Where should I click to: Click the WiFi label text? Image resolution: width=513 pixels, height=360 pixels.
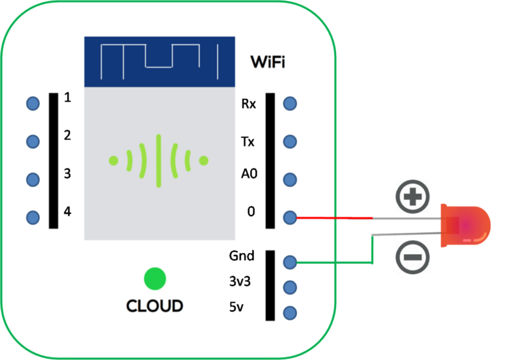267,62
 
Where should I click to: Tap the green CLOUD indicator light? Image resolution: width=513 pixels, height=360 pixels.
155,279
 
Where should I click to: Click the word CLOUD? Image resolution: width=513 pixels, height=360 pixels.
155,306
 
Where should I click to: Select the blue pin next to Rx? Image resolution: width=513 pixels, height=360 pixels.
290,103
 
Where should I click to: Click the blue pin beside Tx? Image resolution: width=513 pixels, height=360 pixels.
290,141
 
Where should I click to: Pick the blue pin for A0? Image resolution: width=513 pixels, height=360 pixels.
290,180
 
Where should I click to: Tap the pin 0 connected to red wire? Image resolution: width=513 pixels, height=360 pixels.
290,218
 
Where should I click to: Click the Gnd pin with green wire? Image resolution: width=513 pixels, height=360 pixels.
290,262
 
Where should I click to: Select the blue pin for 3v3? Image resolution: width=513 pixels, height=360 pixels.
290,287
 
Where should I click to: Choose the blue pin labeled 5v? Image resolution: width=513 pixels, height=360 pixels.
290,313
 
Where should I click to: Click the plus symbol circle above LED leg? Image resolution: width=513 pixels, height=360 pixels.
410,196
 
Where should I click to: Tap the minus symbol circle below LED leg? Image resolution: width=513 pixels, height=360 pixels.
410,256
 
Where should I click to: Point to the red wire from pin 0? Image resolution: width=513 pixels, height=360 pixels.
333,218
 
